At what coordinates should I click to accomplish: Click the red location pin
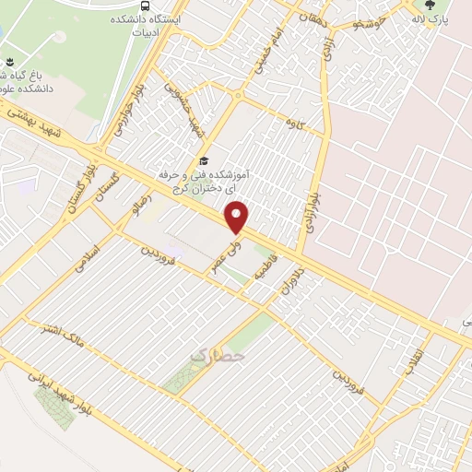[238, 218]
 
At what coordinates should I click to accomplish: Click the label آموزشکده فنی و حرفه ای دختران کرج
[249, 181]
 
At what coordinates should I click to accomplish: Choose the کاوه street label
[296, 122]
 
